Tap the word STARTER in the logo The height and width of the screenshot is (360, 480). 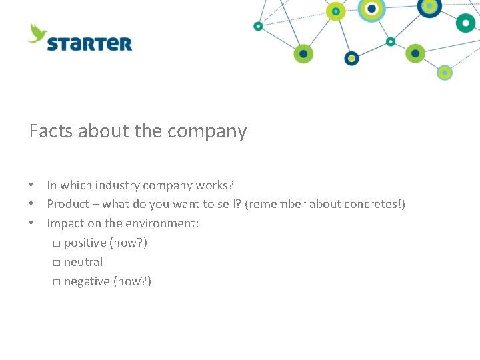89,44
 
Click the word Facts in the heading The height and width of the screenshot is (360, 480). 51,131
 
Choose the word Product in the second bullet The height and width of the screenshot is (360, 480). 67,204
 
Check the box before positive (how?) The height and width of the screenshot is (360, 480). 56,243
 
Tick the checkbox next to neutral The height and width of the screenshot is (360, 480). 56,263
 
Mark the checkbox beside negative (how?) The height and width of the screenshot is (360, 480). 56,282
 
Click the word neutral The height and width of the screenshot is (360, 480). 83,262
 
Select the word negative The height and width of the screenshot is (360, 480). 87,282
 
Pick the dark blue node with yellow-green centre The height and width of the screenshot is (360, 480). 429,7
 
